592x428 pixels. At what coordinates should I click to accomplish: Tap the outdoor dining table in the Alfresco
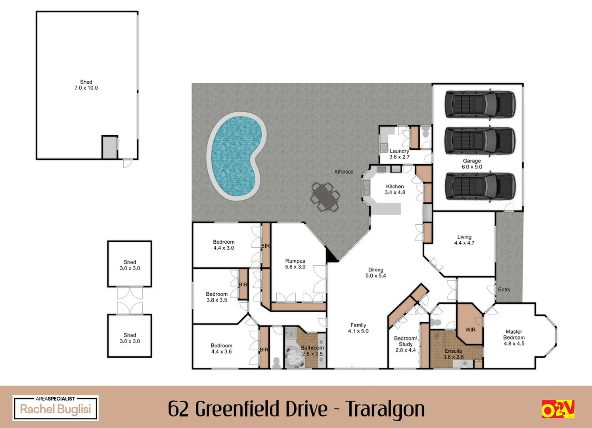pyautogui.click(x=325, y=197)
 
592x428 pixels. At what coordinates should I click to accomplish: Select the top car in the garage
pyautogui.click(x=480, y=105)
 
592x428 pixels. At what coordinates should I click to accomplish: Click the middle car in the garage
pyautogui.click(x=480, y=141)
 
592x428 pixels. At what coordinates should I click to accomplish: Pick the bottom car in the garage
pyautogui.click(x=480, y=186)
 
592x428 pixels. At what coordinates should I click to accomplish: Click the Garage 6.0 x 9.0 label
pyautogui.click(x=472, y=164)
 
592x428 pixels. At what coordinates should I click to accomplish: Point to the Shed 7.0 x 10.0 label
pyautogui.click(x=86, y=85)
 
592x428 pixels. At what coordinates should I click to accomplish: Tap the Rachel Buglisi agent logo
pyautogui.click(x=56, y=408)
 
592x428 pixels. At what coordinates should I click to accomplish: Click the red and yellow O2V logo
pyautogui.click(x=558, y=409)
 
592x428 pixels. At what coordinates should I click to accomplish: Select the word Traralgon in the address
pyautogui.click(x=385, y=409)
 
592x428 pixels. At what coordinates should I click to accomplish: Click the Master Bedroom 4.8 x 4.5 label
pyautogui.click(x=514, y=338)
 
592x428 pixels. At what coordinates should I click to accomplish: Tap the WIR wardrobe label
pyautogui.click(x=470, y=330)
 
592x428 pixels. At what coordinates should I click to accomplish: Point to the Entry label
pyautogui.click(x=504, y=290)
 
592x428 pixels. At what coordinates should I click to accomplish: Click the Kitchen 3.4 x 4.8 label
pyautogui.click(x=395, y=189)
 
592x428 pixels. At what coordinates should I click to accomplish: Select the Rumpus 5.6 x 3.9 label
pyautogui.click(x=295, y=264)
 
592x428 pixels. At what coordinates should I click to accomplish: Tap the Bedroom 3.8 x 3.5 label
pyautogui.click(x=216, y=297)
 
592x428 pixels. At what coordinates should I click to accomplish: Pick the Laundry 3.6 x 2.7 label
pyautogui.click(x=399, y=154)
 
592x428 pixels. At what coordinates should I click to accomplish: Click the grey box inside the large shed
pyautogui.click(x=109, y=147)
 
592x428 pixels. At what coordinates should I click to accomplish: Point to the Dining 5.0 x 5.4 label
pyautogui.click(x=376, y=273)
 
